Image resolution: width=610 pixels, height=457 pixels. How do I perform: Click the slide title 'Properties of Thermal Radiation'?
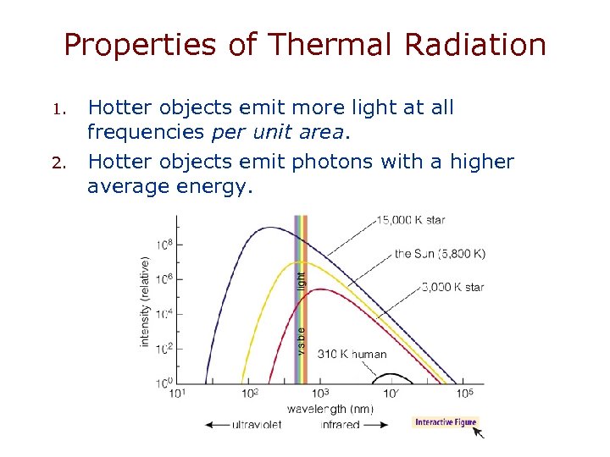(305, 45)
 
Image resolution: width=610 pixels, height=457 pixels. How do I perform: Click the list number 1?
(59, 109)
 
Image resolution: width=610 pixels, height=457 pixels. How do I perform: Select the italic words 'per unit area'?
(293, 131)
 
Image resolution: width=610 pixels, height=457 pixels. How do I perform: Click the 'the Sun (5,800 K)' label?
(440, 253)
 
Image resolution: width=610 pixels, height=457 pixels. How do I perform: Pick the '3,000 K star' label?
(452, 287)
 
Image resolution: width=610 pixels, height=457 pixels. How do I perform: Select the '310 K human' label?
(352, 355)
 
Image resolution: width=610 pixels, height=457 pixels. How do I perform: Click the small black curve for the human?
(391, 377)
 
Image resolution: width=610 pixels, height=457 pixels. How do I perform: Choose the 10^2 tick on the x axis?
(250, 394)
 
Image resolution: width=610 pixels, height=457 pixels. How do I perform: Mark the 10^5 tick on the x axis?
(463, 394)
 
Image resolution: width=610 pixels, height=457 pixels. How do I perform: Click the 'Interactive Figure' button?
(446, 422)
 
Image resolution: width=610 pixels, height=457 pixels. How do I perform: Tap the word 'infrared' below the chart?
(341, 425)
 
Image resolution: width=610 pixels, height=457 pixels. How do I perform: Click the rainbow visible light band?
(300, 296)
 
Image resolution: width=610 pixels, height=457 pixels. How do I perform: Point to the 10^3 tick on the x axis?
(320, 394)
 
